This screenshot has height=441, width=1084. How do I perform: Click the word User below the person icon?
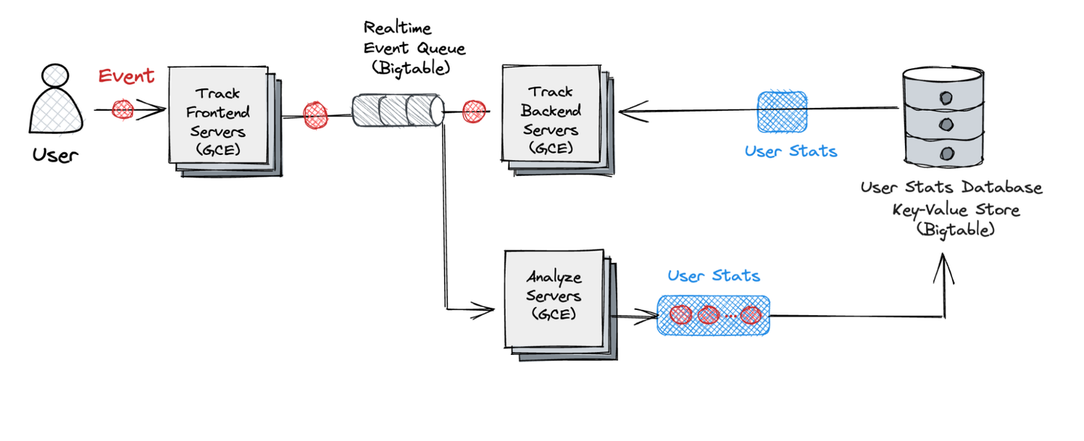(55, 155)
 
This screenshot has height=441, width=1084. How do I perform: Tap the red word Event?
(127, 76)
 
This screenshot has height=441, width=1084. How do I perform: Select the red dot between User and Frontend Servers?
(123, 109)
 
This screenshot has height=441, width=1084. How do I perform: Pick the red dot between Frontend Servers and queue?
(315, 115)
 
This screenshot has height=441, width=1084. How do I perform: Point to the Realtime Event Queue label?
(414, 48)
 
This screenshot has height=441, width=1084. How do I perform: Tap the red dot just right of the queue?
(474, 112)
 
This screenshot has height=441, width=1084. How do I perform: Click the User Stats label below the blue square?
(790, 151)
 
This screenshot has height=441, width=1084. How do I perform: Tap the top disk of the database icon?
(945, 97)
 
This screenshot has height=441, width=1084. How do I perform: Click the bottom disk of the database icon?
(946, 153)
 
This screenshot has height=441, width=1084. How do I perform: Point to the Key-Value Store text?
(955, 210)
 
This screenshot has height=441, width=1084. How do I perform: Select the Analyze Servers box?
(554, 296)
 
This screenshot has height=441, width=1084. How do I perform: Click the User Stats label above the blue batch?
(713, 276)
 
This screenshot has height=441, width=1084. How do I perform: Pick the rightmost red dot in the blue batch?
(751, 315)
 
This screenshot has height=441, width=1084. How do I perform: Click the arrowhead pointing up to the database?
(943, 270)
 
